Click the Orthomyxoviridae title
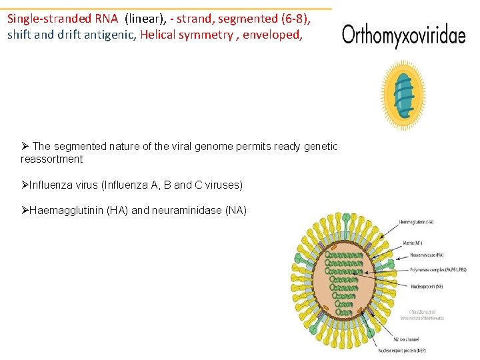pos(403,35)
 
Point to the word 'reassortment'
pos(52,159)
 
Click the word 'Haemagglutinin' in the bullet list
pos(65,210)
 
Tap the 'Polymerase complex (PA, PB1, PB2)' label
pos(431,269)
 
